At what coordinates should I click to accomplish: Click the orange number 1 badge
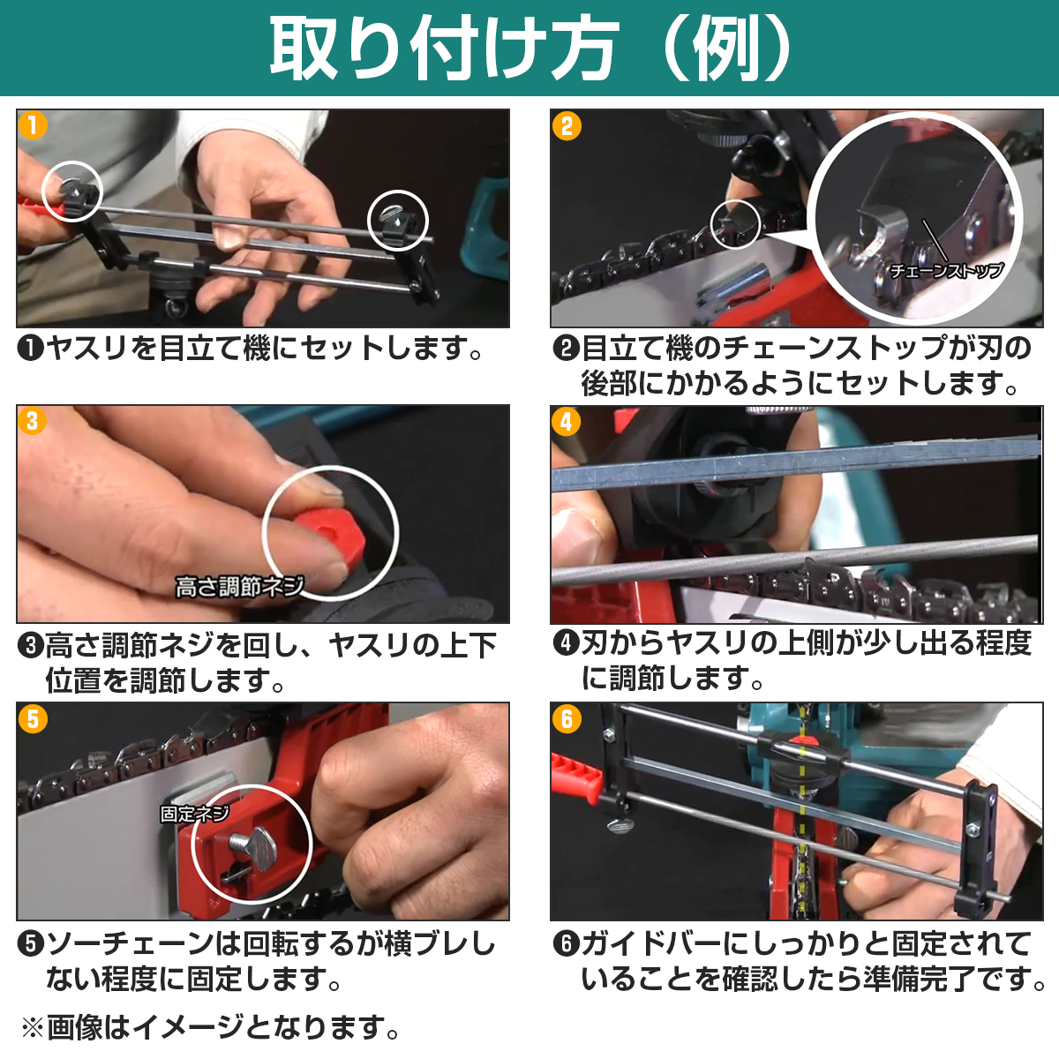pyautogui.click(x=33, y=125)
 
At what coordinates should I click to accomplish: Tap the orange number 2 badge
pyautogui.click(x=567, y=126)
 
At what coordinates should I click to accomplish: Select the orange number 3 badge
pyautogui.click(x=32, y=421)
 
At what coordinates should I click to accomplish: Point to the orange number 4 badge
pyautogui.click(x=566, y=422)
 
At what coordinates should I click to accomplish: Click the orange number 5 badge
pyautogui.click(x=33, y=719)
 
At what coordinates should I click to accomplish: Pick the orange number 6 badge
pyautogui.click(x=567, y=719)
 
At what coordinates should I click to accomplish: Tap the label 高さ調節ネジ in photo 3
pyautogui.click(x=239, y=587)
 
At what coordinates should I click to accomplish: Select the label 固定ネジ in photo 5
pyautogui.click(x=194, y=814)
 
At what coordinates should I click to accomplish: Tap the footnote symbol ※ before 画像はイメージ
pyautogui.click(x=33, y=1029)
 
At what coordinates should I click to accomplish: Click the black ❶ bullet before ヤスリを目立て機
pyautogui.click(x=31, y=348)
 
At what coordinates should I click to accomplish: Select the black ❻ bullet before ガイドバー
pyautogui.click(x=567, y=943)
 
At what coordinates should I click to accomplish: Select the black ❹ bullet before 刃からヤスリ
pyautogui.click(x=567, y=643)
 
